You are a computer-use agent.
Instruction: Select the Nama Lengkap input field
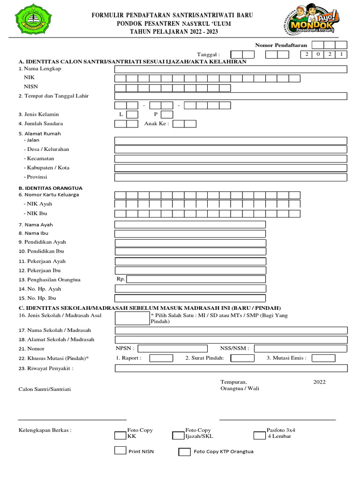click(231, 69)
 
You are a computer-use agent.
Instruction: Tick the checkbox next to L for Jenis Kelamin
click(132, 114)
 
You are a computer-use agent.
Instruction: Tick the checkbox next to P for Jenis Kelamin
click(167, 114)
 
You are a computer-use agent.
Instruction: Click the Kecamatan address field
click(231, 159)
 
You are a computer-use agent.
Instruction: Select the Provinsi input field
click(231, 177)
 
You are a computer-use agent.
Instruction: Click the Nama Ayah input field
click(190, 225)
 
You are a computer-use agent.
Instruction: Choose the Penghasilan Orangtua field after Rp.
click(196, 279)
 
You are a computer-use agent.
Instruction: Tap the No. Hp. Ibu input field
click(190, 298)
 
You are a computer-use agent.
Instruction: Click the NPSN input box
click(172, 348)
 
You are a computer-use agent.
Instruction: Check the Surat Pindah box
click(243, 358)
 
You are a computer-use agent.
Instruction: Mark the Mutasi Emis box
click(323, 358)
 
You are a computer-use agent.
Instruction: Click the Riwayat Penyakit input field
click(231, 368)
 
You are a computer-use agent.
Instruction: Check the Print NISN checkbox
click(120, 450)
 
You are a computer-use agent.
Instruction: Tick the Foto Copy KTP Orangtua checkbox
click(184, 452)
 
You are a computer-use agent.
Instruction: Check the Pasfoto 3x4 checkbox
click(259, 435)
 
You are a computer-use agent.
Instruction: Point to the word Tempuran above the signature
click(233, 382)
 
